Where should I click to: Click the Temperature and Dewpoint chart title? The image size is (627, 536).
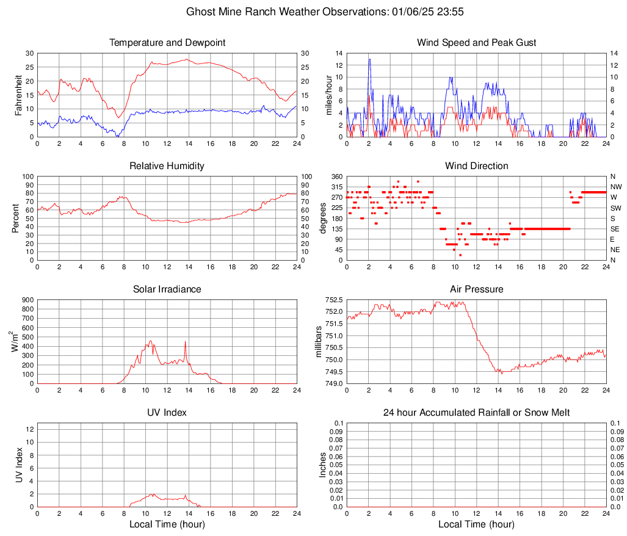[x=167, y=43]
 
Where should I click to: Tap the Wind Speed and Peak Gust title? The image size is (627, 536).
[x=476, y=43]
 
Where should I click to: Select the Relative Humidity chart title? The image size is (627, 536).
[x=167, y=166]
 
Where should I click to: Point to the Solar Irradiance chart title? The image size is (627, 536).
[x=167, y=289]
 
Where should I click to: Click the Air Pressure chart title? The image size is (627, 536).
[x=476, y=289]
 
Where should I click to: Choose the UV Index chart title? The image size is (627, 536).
[x=167, y=413]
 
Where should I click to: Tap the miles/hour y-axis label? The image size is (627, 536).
[x=329, y=95]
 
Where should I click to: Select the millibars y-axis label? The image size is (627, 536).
[x=318, y=342]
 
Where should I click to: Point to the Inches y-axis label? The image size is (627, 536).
[x=323, y=465]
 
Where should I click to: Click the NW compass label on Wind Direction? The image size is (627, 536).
[x=616, y=187]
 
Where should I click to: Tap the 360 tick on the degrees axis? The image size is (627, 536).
[x=336, y=176]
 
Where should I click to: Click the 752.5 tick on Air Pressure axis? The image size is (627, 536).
[x=333, y=300]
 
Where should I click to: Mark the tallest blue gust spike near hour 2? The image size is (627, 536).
[x=369, y=59]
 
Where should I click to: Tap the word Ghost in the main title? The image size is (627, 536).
[x=200, y=12]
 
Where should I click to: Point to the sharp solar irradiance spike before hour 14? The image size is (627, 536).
[x=186, y=342]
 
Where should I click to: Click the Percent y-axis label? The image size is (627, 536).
[x=15, y=218]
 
